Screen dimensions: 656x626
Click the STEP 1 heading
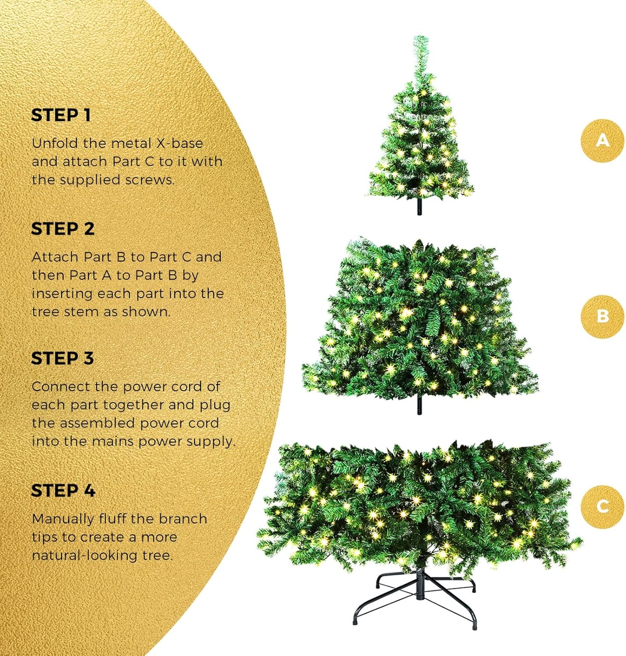(61, 115)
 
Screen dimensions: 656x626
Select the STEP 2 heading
(63, 229)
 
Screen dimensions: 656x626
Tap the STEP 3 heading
(62, 358)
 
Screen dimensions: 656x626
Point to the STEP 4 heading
(63, 490)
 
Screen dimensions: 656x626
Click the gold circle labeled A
(602, 140)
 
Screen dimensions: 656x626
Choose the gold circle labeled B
(602, 316)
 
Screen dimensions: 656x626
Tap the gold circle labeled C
(602, 506)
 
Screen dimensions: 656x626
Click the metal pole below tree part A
(420, 206)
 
